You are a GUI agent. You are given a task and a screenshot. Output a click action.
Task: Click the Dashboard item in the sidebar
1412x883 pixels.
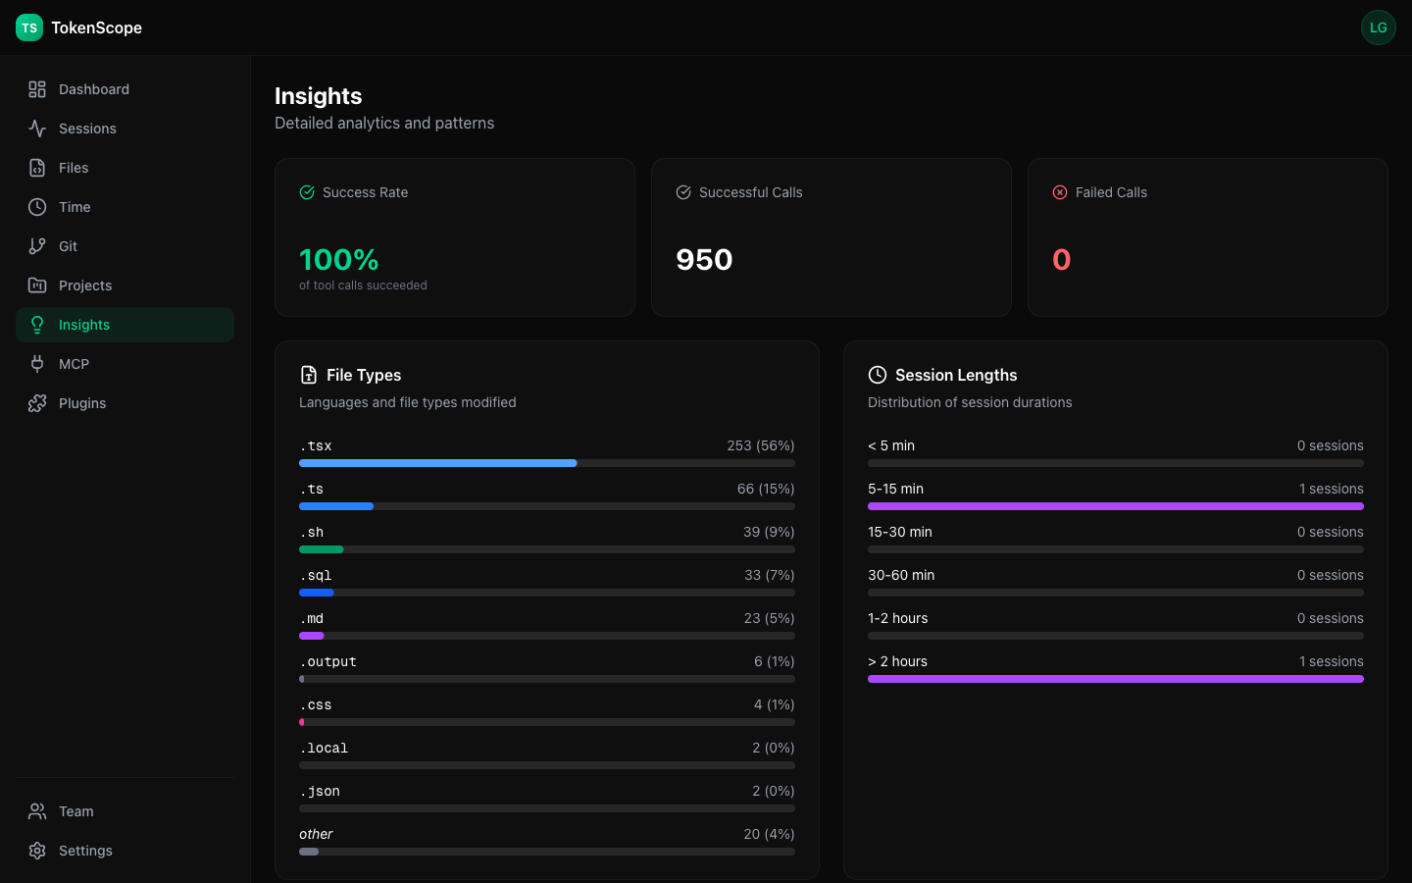click(x=93, y=89)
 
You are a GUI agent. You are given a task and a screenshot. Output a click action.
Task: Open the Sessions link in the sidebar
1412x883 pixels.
click(x=87, y=129)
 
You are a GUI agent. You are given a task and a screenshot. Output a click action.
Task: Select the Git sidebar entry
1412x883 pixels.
click(x=68, y=246)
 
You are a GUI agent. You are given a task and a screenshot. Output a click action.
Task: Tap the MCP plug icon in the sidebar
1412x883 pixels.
click(x=37, y=364)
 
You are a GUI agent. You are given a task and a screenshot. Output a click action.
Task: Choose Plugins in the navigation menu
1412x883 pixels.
click(x=82, y=403)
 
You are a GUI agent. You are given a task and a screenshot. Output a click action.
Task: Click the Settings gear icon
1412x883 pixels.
click(x=37, y=851)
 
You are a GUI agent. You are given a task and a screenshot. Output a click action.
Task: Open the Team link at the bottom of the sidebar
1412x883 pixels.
click(x=76, y=811)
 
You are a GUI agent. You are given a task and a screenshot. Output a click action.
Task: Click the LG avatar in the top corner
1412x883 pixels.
click(x=1378, y=27)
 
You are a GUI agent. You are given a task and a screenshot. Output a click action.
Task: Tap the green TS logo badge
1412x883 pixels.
click(x=29, y=27)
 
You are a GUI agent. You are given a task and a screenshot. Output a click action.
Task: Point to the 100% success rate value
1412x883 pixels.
click(x=338, y=260)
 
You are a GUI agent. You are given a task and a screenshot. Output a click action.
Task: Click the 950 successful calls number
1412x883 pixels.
click(x=704, y=260)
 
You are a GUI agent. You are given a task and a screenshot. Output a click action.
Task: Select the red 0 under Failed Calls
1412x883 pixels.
click(x=1061, y=260)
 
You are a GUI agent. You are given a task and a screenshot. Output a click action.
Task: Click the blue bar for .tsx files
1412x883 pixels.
click(x=437, y=463)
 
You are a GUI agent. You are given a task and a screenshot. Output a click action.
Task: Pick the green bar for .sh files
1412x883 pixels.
click(x=322, y=549)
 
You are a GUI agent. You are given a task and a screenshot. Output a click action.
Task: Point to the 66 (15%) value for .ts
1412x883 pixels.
click(x=765, y=489)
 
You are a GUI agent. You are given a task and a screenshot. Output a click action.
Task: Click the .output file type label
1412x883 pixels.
click(x=328, y=662)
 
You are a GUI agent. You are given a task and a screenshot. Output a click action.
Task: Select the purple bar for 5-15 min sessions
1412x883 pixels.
click(x=1115, y=506)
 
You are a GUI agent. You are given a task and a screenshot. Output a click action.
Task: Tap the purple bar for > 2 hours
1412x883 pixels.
click(x=1115, y=679)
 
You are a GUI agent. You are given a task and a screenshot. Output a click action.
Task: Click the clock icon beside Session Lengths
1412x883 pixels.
click(x=878, y=375)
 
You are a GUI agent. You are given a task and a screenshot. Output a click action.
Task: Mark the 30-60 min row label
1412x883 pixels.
click(x=901, y=575)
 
